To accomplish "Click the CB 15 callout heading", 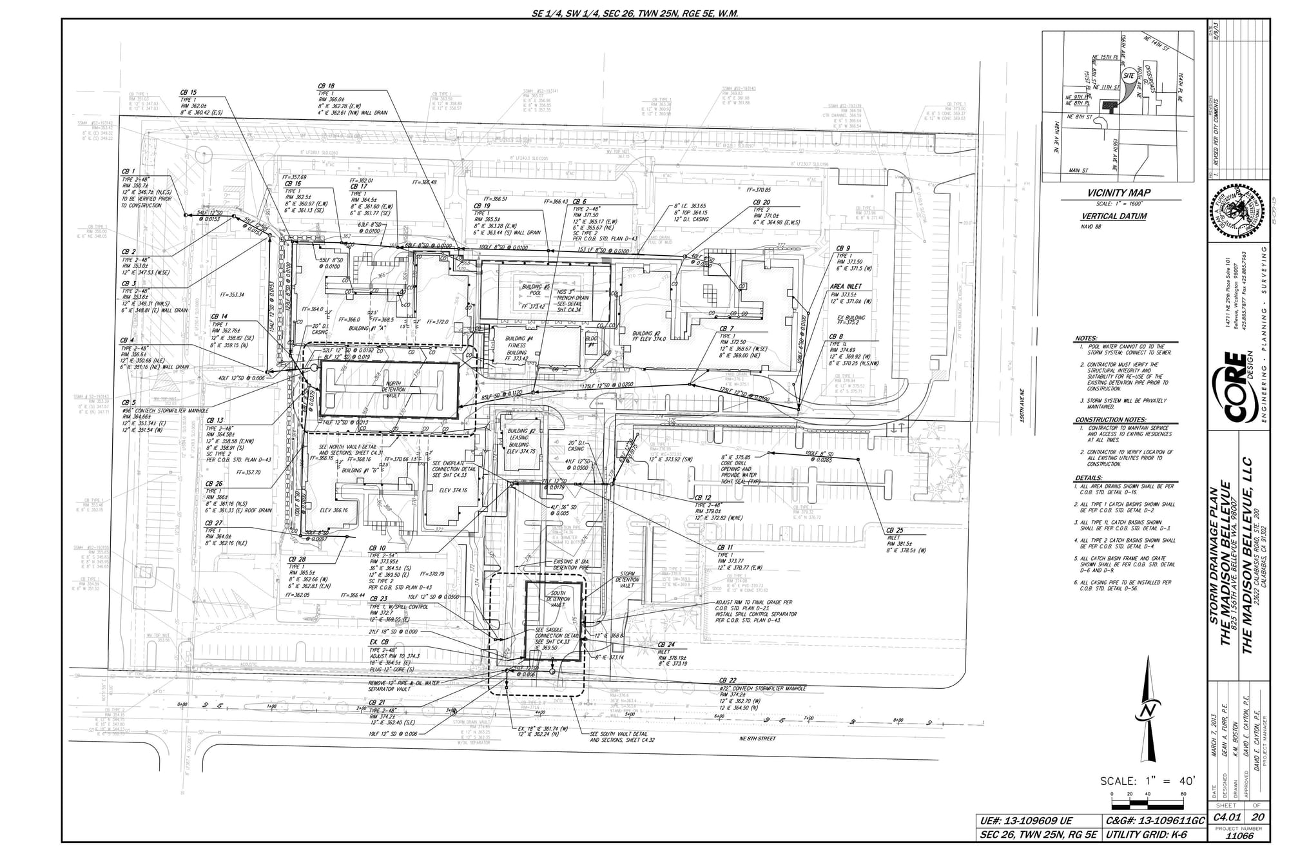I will tap(188, 93).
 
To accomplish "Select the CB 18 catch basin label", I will tap(326, 86).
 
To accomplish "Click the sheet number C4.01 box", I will tap(1225, 817).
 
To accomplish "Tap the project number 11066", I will tap(1239, 835).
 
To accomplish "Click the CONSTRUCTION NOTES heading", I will tap(1107, 420).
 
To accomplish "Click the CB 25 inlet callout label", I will tap(895, 530).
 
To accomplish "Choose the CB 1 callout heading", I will tap(128, 171).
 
